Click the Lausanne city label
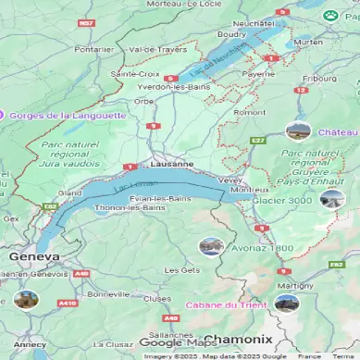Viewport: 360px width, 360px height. pyautogui.click(x=171, y=163)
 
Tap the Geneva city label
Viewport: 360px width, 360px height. pyautogui.click(x=34, y=256)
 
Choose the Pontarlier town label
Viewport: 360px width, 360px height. pyautogui.click(x=93, y=49)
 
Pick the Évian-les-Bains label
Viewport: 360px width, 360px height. pyautogui.click(x=157, y=199)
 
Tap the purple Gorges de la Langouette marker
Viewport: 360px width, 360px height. pyautogui.click(x=4, y=115)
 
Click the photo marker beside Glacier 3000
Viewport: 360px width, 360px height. pyautogui.click(x=331, y=199)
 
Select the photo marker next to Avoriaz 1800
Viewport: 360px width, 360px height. pyautogui.click(x=211, y=246)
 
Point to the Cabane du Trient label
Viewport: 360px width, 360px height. pyautogui.click(x=226, y=304)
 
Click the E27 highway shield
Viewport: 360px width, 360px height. pyautogui.click(x=257, y=140)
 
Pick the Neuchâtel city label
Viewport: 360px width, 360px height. pyautogui.click(x=254, y=22)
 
